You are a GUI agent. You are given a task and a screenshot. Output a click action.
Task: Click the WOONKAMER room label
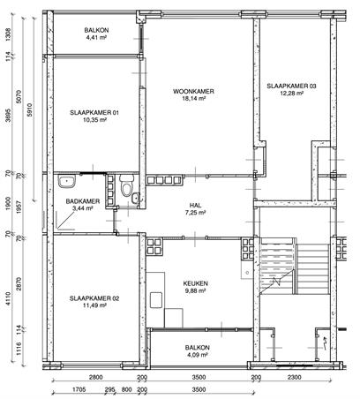[193, 91]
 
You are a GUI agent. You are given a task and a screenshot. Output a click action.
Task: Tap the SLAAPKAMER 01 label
[94, 112]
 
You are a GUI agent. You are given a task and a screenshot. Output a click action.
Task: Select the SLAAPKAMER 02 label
[94, 298]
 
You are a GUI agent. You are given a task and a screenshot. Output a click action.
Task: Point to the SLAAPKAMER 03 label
[291, 87]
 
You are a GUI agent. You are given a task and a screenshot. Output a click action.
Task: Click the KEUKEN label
[196, 283]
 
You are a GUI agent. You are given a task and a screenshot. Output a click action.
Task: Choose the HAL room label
[196, 206]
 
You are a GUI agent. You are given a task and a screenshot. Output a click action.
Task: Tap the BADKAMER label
[83, 201]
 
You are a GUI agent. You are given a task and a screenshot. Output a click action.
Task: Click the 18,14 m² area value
[194, 99]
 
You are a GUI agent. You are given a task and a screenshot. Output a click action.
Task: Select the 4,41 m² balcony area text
[96, 37]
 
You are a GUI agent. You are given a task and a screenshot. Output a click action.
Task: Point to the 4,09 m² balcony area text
[198, 355]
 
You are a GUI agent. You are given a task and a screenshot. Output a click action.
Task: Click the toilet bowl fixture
[127, 187]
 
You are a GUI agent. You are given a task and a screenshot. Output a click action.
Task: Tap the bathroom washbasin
[67, 181]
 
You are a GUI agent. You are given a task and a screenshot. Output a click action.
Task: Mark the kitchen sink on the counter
[156, 300]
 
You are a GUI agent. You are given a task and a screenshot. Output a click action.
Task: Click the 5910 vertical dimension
[29, 109]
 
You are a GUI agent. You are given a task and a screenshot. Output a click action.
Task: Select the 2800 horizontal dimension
[95, 378]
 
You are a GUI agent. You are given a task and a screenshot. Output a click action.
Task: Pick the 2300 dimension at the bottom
[294, 378]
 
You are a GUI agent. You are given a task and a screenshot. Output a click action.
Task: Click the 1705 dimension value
[79, 389]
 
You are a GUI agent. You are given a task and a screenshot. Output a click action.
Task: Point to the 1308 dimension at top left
[8, 34]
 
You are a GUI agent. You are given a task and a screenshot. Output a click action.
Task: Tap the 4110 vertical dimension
[8, 298]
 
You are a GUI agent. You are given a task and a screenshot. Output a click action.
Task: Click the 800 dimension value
[126, 389]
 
